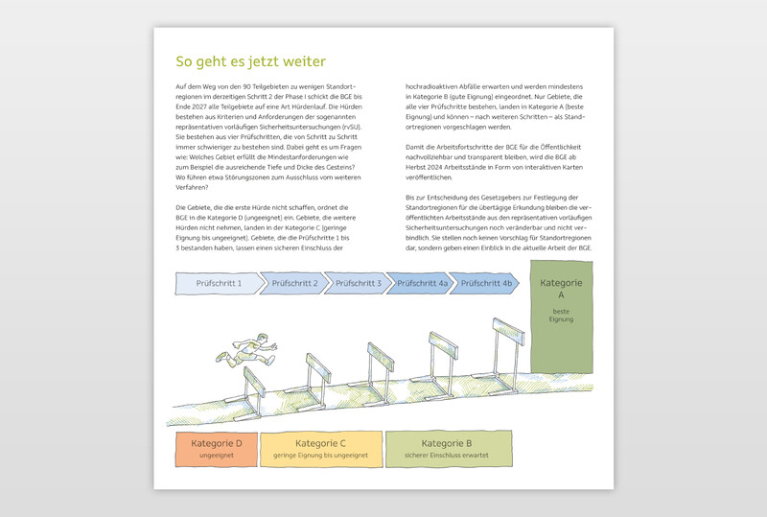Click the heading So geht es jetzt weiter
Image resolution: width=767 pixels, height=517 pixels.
251,61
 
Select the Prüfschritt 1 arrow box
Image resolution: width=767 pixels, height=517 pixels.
218,284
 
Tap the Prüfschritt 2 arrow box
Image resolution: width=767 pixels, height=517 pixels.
294,284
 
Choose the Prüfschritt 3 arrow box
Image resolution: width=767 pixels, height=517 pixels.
359,284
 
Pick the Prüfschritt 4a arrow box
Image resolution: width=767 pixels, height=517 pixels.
423,284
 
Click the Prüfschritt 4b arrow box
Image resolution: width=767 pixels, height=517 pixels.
486,284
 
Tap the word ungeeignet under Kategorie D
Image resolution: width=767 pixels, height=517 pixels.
216,456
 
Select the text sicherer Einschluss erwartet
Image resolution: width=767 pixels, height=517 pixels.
447,456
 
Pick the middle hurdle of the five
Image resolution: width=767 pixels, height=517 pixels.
383,363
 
